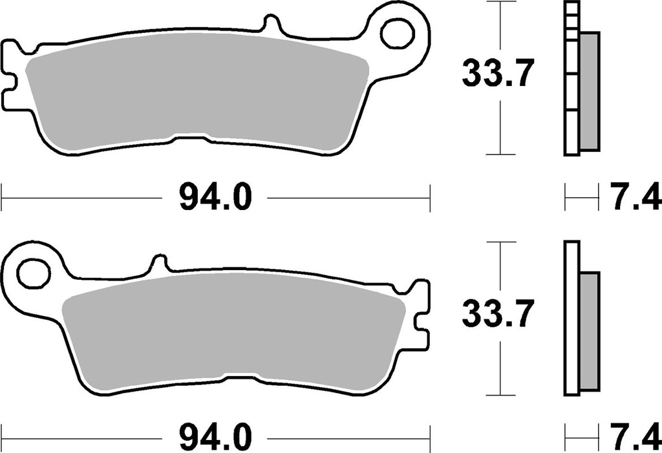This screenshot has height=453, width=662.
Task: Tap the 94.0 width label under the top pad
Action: coord(215,198)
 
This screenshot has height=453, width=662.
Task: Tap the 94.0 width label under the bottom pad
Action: coord(215,437)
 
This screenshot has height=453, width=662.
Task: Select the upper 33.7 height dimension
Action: coord(497,74)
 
